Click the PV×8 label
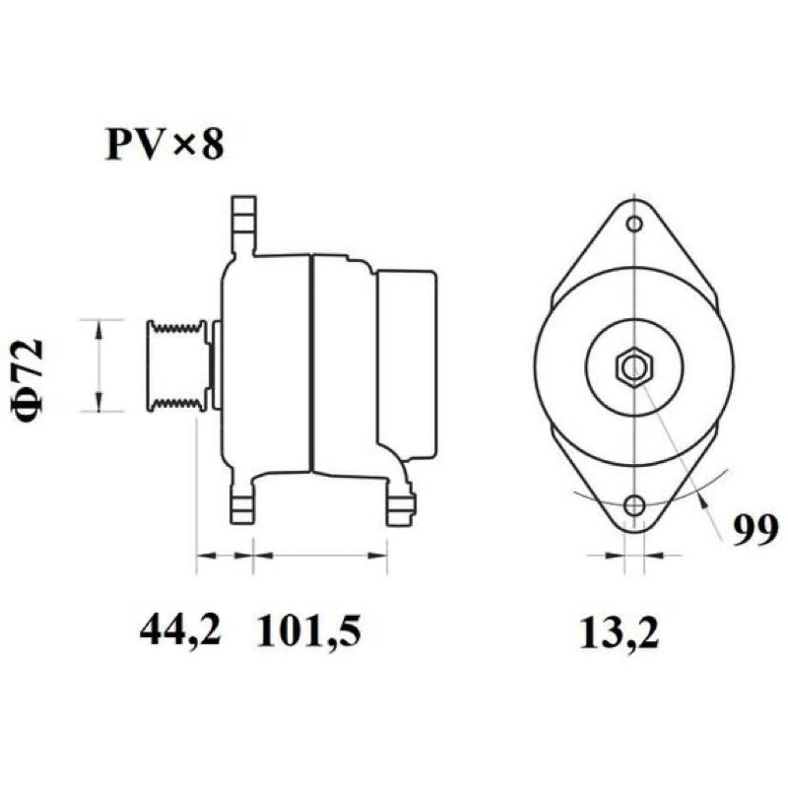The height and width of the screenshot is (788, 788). (164, 144)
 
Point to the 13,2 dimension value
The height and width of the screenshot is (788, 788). (619, 632)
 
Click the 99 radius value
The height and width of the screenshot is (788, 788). (755, 530)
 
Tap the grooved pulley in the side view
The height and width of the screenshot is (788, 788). (177, 365)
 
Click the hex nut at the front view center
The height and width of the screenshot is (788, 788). (634, 366)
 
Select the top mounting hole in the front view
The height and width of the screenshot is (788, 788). (635, 224)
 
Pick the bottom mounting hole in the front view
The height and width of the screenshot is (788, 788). (635, 504)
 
